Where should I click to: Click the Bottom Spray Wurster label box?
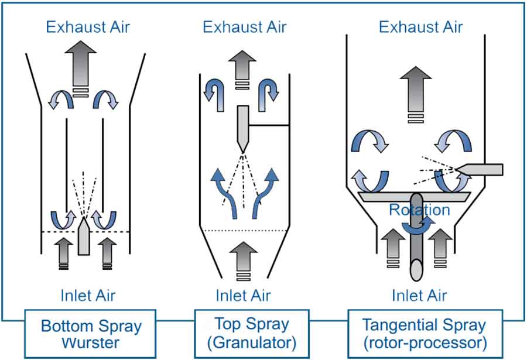[x=90, y=334]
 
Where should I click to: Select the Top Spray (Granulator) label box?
[x=252, y=334]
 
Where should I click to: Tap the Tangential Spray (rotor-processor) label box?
[x=425, y=334]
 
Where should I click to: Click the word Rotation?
[x=419, y=210]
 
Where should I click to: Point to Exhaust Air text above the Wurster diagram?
[x=88, y=27]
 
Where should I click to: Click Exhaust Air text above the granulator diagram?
[x=244, y=27]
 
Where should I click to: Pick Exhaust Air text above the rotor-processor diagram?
[x=421, y=27]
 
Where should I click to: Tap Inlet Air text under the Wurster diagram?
[x=88, y=296]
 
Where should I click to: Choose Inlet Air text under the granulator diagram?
[x=243, y=296]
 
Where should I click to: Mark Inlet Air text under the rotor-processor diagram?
[x=419, y=296]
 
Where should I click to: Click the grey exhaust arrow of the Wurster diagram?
[x=81, y=69]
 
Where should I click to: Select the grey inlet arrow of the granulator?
[x=243, y=260]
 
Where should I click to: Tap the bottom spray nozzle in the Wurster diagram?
[x=84, y=236]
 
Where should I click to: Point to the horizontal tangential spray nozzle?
[x=479, y=170]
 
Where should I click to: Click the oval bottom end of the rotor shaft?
[x=416, y=270]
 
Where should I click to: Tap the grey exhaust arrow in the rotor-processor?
[x=416, y=95]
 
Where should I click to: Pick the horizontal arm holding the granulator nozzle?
[x=269, y=125]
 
